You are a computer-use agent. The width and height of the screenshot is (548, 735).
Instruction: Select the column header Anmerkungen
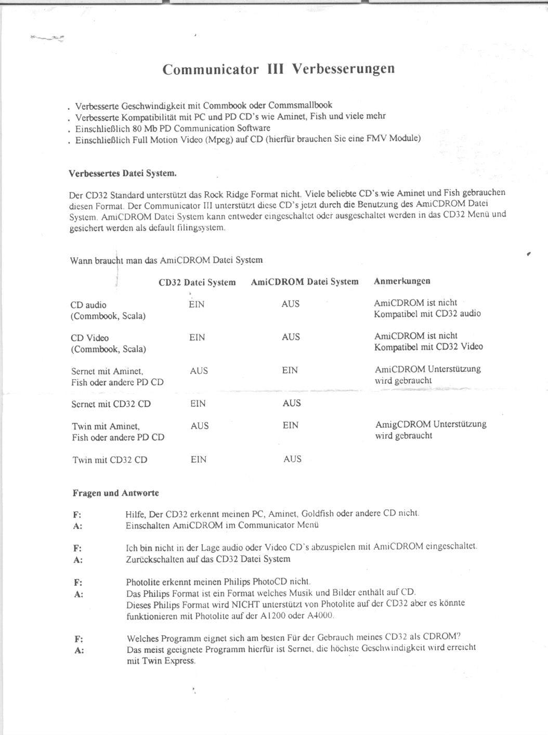402,281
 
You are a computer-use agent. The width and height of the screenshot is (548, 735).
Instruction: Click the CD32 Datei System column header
197,282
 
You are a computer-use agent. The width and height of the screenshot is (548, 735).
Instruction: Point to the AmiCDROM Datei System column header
305,282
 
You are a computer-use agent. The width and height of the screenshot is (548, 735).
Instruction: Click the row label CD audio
88,305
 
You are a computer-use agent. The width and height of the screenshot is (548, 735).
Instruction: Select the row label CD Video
89,338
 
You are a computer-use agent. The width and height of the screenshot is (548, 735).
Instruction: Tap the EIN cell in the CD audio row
197,304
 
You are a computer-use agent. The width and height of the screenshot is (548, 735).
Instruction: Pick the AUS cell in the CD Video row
291,337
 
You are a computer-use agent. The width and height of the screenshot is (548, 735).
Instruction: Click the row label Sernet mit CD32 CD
111,404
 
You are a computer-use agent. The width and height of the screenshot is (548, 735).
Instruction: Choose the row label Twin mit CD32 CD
110,460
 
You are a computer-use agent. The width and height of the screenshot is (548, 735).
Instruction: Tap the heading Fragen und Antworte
115,493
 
